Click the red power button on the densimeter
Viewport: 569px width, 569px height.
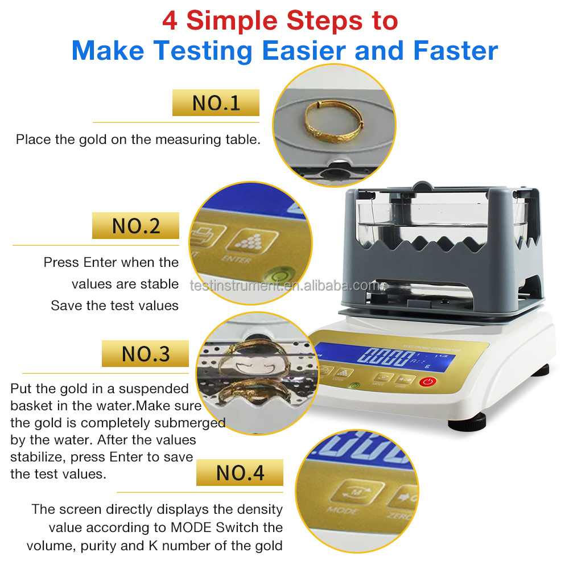pos(427,382)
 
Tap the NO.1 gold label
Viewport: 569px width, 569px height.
pos(216,103)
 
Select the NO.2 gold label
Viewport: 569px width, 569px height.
pos(135,226)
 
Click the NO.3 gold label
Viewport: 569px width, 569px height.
pos(145,354)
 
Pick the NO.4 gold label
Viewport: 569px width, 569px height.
pos(240,472)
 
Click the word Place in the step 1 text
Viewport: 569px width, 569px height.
pos(33,139)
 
